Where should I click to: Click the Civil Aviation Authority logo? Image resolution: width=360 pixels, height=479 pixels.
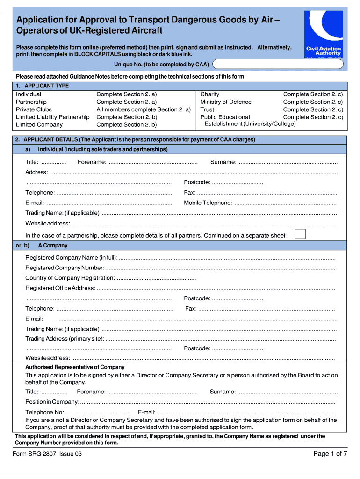click(323, 34)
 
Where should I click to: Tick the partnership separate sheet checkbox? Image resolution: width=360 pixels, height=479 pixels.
click(300, 234)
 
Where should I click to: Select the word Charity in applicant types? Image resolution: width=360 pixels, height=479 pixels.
click(209, 94)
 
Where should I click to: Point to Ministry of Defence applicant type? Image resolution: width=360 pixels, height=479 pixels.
click(225, 102)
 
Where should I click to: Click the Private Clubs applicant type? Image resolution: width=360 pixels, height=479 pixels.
click(34, 109)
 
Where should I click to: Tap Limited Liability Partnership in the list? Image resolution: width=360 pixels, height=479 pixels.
click(52, 117)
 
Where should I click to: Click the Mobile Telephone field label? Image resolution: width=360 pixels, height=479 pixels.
click(208, 203)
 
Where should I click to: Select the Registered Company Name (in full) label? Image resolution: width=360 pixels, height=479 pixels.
click(71, 258)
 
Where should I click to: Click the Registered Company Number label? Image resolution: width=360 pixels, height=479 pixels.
click(65, 268)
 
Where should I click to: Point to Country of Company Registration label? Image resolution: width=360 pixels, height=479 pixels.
click(70, 278)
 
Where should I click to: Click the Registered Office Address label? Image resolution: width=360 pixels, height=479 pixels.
click(60, 288)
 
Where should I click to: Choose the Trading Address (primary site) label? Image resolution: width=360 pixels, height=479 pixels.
click(65, 339)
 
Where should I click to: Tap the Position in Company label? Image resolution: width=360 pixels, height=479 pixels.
click(52, 402)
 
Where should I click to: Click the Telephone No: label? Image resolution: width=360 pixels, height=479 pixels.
click(44, 413)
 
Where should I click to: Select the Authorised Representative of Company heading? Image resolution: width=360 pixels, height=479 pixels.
click(75, 367)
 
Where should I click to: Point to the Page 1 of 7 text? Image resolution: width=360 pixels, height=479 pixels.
click(330, 454)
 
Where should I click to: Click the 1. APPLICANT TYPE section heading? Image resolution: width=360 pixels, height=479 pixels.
click(42, 86)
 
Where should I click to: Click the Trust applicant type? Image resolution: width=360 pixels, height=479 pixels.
click(207, 109)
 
